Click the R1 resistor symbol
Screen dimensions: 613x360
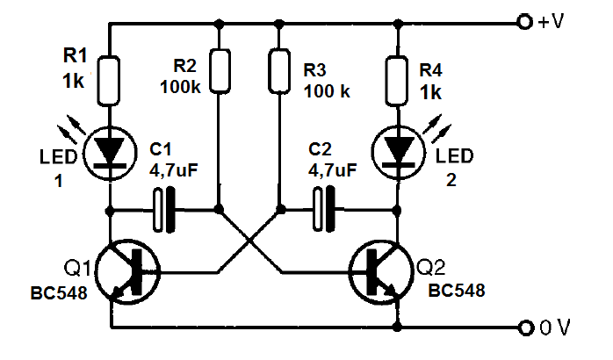[109, 81]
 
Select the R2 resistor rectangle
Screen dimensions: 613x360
[220, 71]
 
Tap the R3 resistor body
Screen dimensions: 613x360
[279, 71]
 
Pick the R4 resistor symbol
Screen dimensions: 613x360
[397, 81]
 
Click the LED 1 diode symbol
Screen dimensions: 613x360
[110, 153]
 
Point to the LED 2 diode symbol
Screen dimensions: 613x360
[399, 153]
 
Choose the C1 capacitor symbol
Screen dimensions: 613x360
[163, 211]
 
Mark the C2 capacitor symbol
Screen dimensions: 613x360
[324, 210]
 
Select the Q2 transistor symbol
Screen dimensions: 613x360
[381, 271]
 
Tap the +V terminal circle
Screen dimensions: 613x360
[524, 21]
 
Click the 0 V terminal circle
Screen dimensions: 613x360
[526, 328]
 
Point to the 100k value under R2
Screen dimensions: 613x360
[180, 87]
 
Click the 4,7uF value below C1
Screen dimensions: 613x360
[174, 169]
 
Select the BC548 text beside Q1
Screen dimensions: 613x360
[59, 293]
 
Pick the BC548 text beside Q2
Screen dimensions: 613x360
[457, 291]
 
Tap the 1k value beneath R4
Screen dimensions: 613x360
[430, 93]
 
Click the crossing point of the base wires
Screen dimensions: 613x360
[249, 241]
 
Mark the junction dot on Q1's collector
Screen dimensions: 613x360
[110, 212]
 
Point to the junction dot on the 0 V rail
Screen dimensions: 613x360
[397, 327]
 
